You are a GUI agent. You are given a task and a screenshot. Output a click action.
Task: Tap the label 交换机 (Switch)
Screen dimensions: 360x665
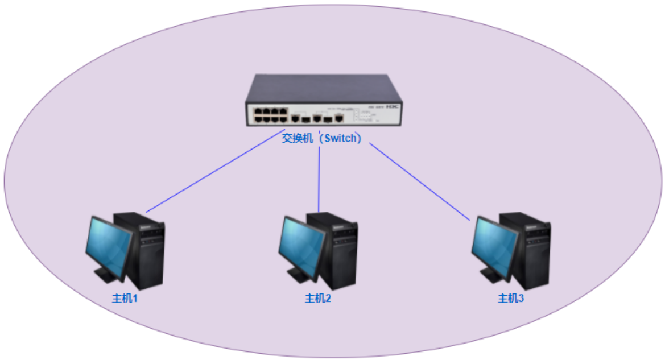point(322,138)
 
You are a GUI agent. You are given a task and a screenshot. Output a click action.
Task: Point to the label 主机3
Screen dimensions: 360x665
point(511,298)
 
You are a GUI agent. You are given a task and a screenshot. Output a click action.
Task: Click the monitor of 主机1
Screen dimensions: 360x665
point(108,245)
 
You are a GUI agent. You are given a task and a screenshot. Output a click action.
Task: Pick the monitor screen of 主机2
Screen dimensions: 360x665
point(301,245)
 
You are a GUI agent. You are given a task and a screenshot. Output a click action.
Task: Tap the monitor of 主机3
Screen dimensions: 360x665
point(494,245)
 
